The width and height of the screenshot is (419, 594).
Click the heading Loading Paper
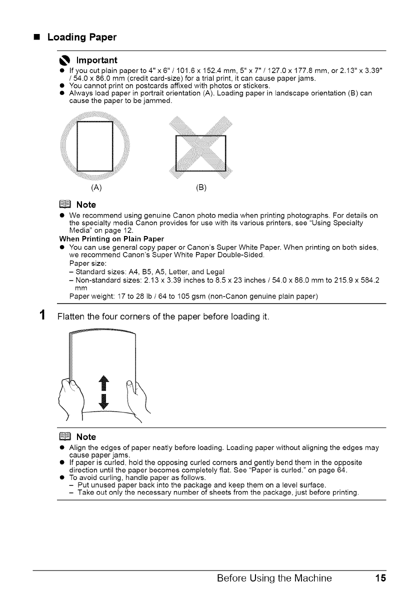pos(82,37)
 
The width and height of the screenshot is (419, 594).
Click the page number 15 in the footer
pos(380,578)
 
